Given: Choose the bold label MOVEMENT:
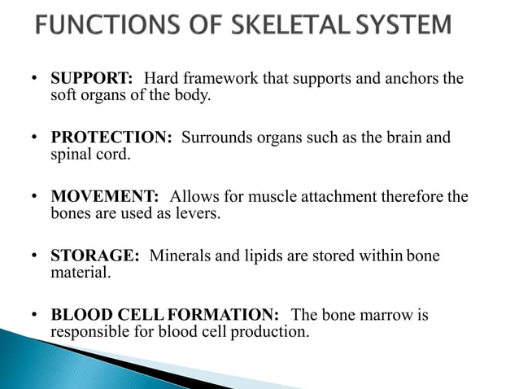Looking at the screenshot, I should tap(105, 198).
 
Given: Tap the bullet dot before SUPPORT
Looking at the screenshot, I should tap(34, 80).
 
